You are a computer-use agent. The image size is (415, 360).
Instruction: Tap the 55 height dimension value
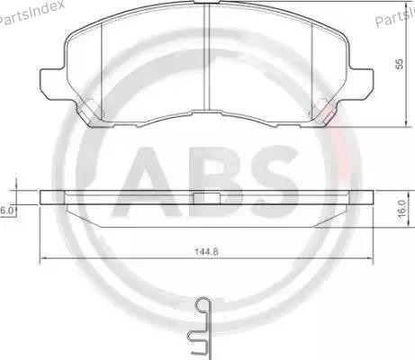click(x=399, y=65)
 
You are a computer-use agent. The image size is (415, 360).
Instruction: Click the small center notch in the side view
click(x=208, y=197)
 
